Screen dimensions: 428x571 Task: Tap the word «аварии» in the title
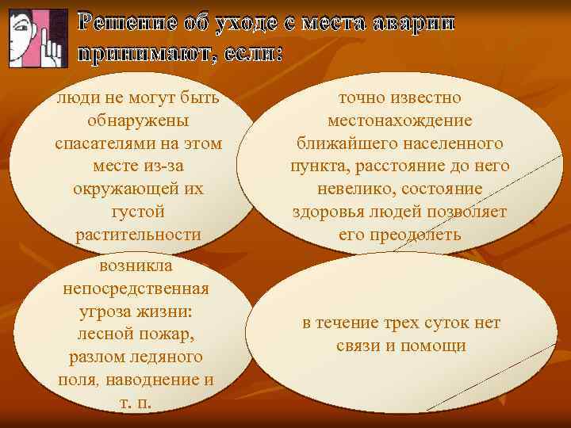[413, 24]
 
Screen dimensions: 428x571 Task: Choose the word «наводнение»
[159, 379]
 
